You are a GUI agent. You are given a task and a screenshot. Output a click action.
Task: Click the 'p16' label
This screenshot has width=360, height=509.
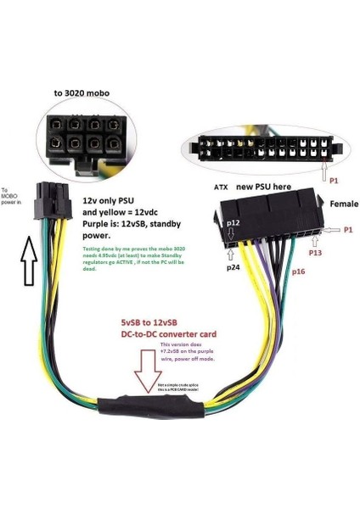[299, 272]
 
